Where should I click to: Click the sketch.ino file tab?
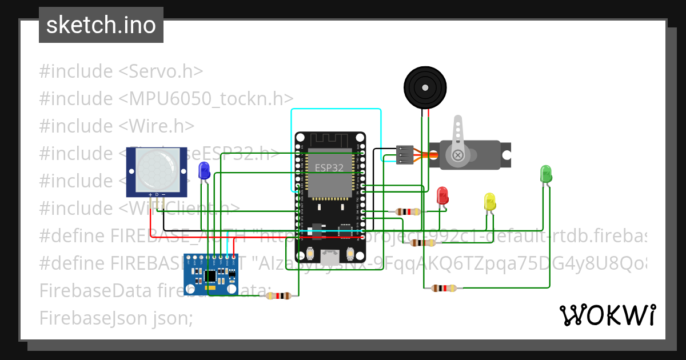(101, 25)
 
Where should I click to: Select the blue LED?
(204, 170)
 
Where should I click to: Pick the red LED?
(442, 195)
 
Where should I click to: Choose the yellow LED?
(489, 202)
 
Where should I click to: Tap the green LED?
(545, 174)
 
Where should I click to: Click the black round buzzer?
(425, 87)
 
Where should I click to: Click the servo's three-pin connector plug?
(404, 155)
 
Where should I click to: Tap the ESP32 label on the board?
(329, 168)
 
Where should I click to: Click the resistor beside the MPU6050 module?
(279, 295)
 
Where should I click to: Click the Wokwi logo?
(607, 315)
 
